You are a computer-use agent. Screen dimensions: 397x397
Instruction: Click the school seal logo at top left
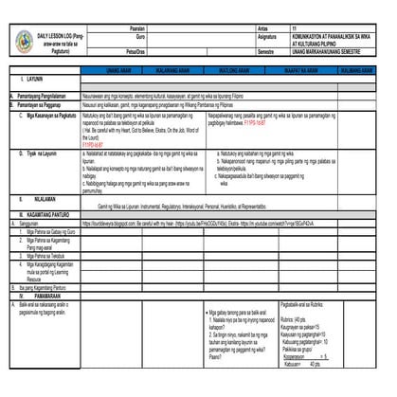[25, 41]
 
